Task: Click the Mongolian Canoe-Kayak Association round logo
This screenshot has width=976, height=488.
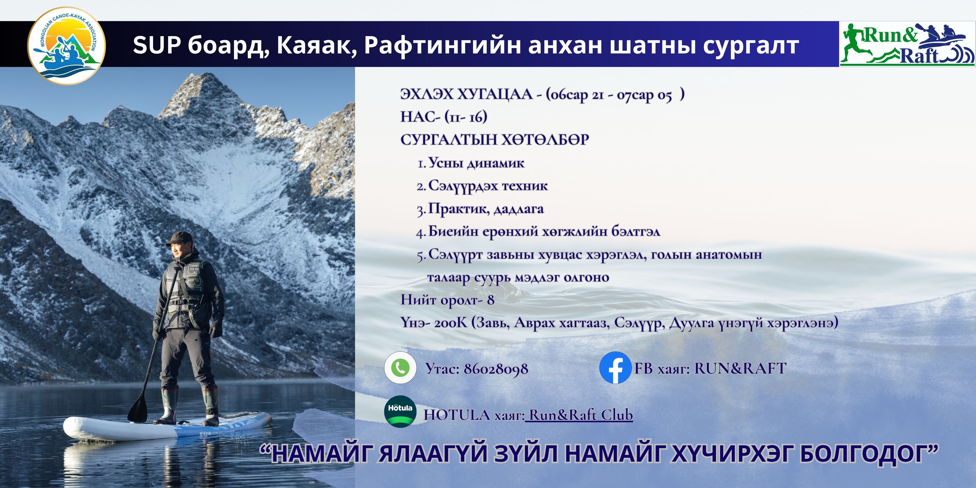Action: [x=67, y=45]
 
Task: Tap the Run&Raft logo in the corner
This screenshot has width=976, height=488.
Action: [x=907, y=44]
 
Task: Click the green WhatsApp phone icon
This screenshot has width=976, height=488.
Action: [x=400, y=367]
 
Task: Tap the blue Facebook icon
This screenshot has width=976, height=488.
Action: [x=615, y=367]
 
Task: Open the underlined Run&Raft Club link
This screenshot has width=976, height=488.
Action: [x=580, y=415]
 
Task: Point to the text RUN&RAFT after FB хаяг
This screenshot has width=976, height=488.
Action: [x=740, y=368]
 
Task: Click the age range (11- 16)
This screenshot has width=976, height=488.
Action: [x=466, y=117]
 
